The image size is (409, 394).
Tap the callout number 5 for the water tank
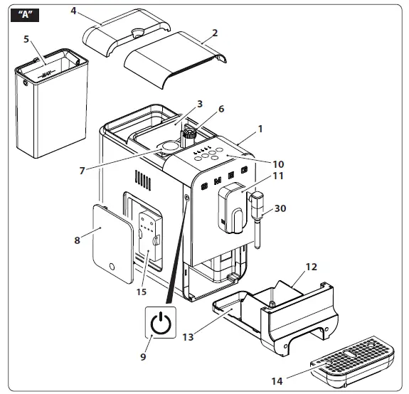point(26,39)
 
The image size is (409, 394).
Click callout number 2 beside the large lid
point(215,33)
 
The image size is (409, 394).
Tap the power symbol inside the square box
point(161,324)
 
